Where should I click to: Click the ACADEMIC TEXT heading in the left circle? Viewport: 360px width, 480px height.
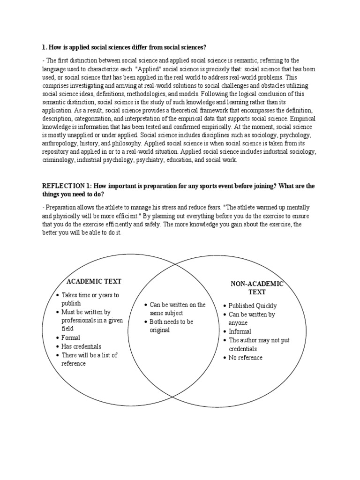(94, 281)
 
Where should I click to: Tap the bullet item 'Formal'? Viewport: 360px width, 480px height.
(71, 337)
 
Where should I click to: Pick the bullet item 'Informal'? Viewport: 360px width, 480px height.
(240, 331)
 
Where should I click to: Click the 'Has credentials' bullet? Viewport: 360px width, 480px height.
(82, 346)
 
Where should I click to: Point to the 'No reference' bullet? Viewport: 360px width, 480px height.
(245, 358)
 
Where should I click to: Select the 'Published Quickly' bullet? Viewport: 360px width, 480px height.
(252, 306)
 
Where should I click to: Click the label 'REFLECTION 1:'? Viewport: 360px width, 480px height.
(64, 186)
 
